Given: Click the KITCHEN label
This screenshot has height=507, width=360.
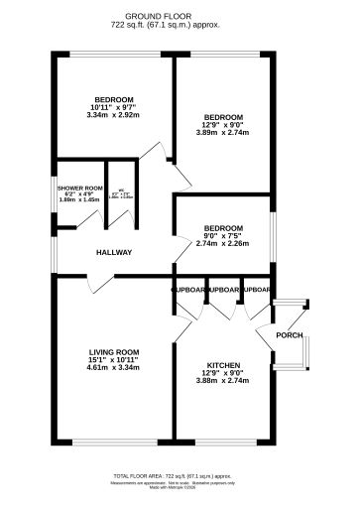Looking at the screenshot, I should (224, 364).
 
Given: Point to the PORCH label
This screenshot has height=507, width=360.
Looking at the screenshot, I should (289, 334).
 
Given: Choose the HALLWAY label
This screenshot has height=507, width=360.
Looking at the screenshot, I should (114, 252).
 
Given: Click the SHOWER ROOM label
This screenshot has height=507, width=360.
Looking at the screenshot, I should (80, 187).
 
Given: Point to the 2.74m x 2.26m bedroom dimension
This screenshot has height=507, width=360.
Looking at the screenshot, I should (222, 243).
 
